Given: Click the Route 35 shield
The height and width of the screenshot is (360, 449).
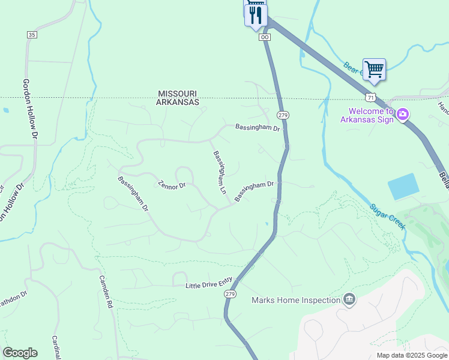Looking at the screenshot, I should [x=32, y=35].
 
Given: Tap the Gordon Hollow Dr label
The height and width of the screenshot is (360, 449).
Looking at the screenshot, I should [x=30, y=110].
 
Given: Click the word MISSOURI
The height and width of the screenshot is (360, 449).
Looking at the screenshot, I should [x=178, y=94].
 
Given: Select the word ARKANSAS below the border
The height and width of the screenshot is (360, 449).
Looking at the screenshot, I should [x=178, y=103].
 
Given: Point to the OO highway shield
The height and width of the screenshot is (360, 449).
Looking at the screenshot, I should [x=265, y=37].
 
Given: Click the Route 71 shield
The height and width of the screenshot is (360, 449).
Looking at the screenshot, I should [x=370, y=97].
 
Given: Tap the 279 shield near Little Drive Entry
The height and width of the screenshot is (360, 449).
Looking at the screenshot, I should [x=230, y=294].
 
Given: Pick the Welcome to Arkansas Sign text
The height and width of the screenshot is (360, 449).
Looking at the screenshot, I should [x=370, y=115].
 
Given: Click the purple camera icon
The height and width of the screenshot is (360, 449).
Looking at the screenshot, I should [x=403, y=113].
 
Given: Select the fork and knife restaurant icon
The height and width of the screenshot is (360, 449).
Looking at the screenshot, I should [x=256, y=14].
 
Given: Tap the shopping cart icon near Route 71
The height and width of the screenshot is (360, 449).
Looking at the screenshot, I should [x=374, y=70].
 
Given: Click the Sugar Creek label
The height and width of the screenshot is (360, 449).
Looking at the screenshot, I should [x=387, y=215].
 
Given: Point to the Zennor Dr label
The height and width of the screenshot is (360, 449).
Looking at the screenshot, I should [x=172, y=185].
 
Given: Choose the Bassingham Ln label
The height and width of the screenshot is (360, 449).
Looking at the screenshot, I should [x=219, y=173].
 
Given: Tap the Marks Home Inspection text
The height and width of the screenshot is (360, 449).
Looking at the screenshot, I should [x=295, y=300].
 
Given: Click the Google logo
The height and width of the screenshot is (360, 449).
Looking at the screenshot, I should [x=20, y=353].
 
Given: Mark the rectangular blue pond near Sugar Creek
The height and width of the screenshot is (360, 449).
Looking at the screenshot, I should [x=403, y=186].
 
